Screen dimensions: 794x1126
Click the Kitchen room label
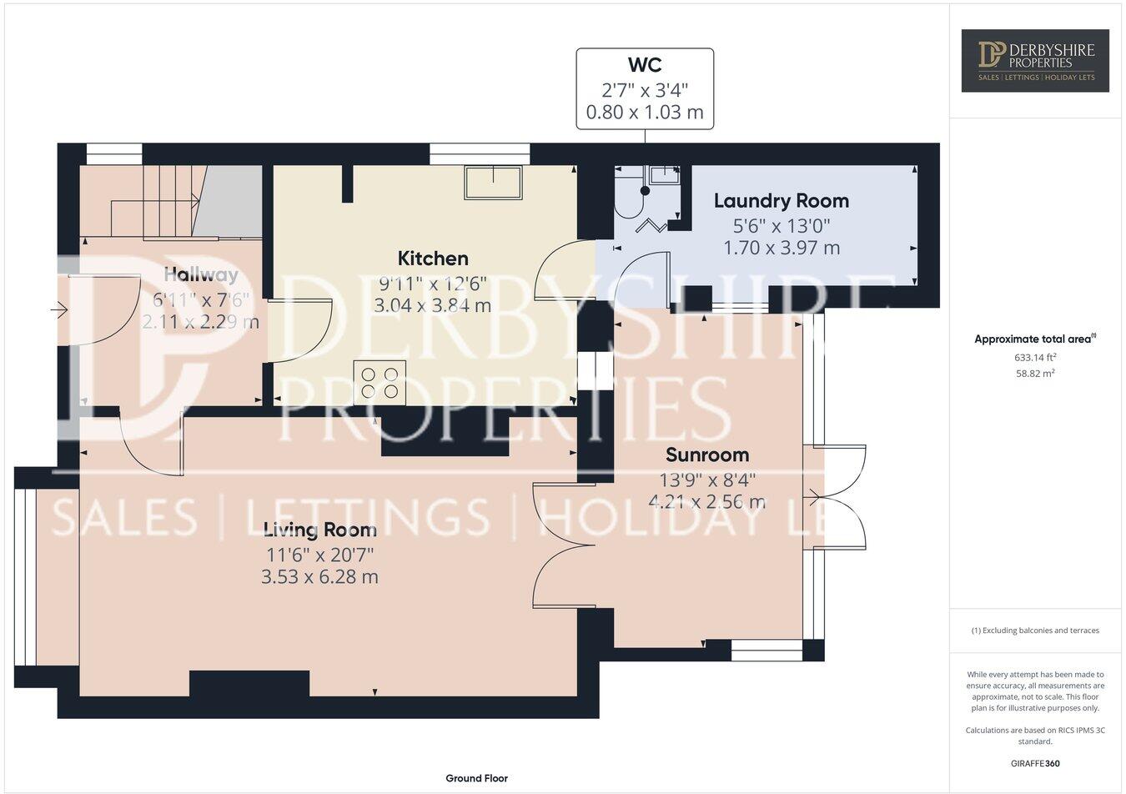point(432,259)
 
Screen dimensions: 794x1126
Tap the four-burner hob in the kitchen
point(380,382)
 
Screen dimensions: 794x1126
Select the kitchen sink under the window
point(493,182)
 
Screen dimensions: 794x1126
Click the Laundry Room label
point(781,201)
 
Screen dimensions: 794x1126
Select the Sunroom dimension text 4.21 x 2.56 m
point(706,502)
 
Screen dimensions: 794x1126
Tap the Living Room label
point(319,530)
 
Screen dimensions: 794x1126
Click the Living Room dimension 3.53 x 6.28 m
point(319,577)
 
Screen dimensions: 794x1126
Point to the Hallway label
point(201,274)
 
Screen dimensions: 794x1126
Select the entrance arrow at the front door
point(58,310)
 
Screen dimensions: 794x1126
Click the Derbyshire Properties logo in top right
point(1034,60)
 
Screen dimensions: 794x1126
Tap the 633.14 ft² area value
point(1034,357)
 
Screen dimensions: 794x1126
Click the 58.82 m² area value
point(1034,374)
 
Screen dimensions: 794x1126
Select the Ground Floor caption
point(476,778)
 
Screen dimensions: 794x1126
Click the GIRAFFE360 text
point(1034,763)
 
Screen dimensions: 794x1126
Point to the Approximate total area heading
point(1034,339)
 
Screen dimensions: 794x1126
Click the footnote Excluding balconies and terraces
point(1034,631)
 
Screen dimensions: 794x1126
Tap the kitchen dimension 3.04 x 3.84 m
point(432,305)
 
